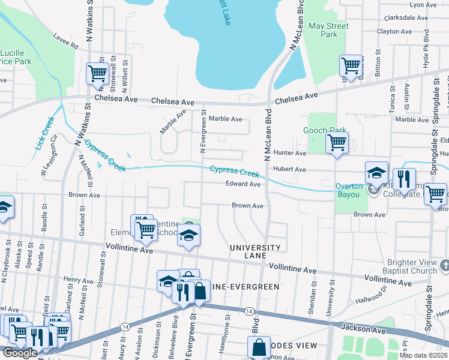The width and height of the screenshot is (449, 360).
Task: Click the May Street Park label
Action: (x=328, y=31)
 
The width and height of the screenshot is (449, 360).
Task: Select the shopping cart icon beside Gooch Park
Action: (x=337, y=143)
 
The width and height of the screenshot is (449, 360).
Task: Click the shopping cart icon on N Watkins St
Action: (x=97, y=74)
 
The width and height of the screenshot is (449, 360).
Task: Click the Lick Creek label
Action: (x=45, y=134)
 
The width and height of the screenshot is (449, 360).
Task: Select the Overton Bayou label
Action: (x=349, y=186)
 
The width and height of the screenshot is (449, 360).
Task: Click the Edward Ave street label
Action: (x=243, y=184)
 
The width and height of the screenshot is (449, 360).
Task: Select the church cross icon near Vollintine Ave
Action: (x=444, y=265)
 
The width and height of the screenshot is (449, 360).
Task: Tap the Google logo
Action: (x=20, y=353)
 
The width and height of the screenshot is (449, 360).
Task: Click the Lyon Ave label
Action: (x=423, y=5)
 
